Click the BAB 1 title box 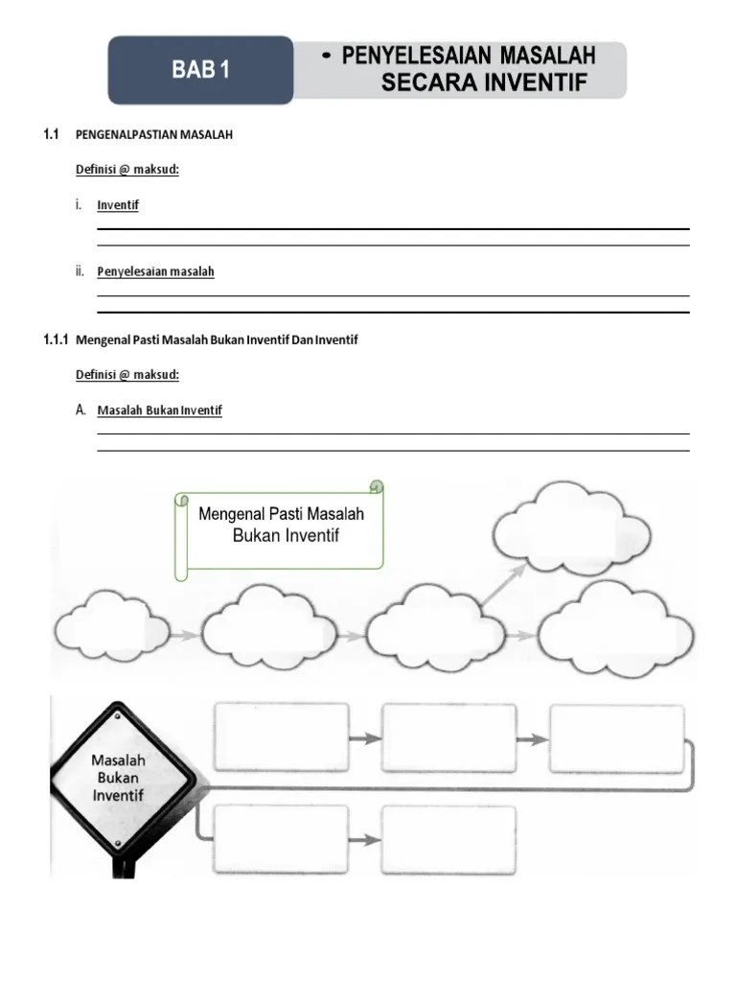(x=200, y=69)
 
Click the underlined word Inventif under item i (x=118, y=205)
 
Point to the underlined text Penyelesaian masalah (x=155, y=271)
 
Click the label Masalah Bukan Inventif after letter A (x=159, y=410)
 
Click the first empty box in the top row (x=282, y=737)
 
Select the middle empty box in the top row (x=448, y=737)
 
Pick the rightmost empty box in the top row (x=616, y=737)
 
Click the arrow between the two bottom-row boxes (x=364, y=840)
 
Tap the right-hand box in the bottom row (x=448, y=840)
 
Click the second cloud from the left (x=269, y=628)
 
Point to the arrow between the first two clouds (x=186, y=634)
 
